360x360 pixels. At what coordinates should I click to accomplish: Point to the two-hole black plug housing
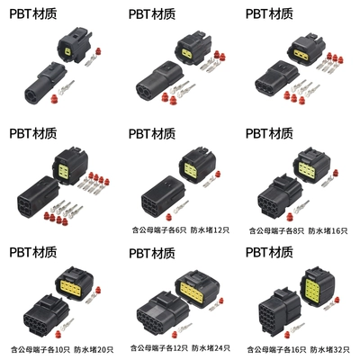[159, 79]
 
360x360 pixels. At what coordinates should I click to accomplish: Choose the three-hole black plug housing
[276, 77]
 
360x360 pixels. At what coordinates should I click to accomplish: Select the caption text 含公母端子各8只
[276, 230]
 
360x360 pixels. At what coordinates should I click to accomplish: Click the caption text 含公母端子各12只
[159, 348]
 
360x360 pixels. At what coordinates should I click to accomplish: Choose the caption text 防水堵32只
[329, 349]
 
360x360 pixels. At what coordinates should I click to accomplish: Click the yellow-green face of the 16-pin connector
[316, 287]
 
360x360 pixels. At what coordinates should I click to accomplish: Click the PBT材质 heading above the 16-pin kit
[269, 253]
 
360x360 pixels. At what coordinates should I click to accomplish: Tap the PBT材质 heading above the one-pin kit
[33, 14]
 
